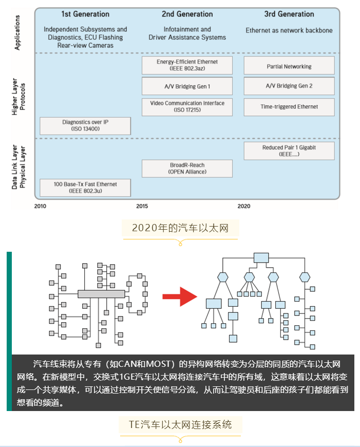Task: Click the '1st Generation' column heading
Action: (x=85, y=14)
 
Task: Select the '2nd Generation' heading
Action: (x=187, y=14)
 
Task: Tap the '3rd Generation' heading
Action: (x=289, y=14)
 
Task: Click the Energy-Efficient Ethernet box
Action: (x=187, y=65)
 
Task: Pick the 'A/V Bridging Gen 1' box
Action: (x=187, y=86)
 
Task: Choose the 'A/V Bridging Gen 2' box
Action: (x=289, y=86)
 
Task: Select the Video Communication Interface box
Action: (x=187, y=106)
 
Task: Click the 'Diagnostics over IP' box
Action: (x=85, y=126)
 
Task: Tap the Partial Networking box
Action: (x=289, y=66)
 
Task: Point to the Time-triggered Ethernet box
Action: (x=289, y=107)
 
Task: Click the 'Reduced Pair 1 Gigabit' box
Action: (x=289, y=151)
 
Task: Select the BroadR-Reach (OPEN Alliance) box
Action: (x=187, y=169)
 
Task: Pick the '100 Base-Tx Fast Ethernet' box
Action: (x=85, y=188)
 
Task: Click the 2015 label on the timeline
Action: (x=142, y=206)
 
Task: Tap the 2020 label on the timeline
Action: (x=244, y=206)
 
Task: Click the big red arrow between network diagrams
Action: (x=179, y=296)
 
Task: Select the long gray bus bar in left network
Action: (x=101, y=294)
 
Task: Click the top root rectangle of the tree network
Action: (x=261, y=257)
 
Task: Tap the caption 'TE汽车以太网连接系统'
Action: (x=180, y=424)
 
